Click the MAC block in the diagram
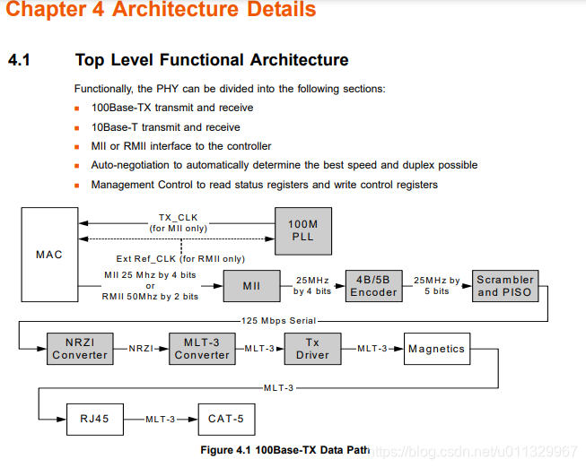point(49,255)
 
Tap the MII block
point(252,286)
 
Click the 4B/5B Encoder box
point(373,286)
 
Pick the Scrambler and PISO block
point(504,286)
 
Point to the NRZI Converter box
point(80,349)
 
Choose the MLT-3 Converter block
point(202,349)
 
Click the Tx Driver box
point(312,349)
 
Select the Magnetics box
point(436,349)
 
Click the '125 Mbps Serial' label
point(279,320)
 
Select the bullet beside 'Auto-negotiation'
point(78,166)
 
